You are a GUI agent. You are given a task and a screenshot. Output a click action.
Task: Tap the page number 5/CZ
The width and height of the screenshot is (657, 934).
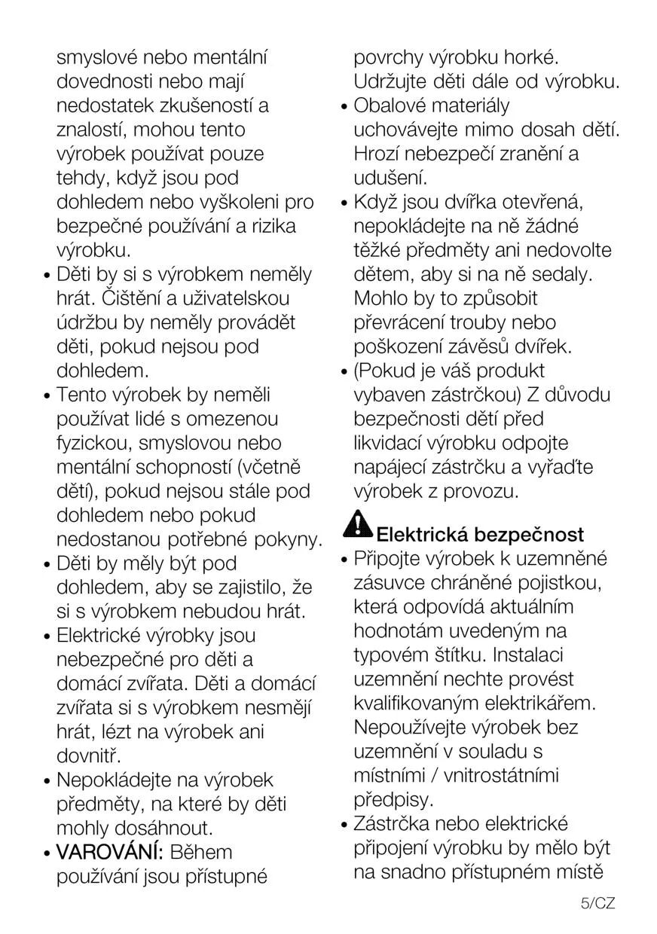tap(598, 903)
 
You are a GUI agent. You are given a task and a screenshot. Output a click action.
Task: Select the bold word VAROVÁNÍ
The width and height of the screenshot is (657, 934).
tap(110, 853)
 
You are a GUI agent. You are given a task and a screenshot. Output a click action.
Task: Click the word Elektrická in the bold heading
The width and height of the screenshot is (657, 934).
tap(422, 535)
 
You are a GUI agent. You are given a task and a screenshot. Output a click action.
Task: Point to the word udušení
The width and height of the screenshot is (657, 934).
tap(390, 178)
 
